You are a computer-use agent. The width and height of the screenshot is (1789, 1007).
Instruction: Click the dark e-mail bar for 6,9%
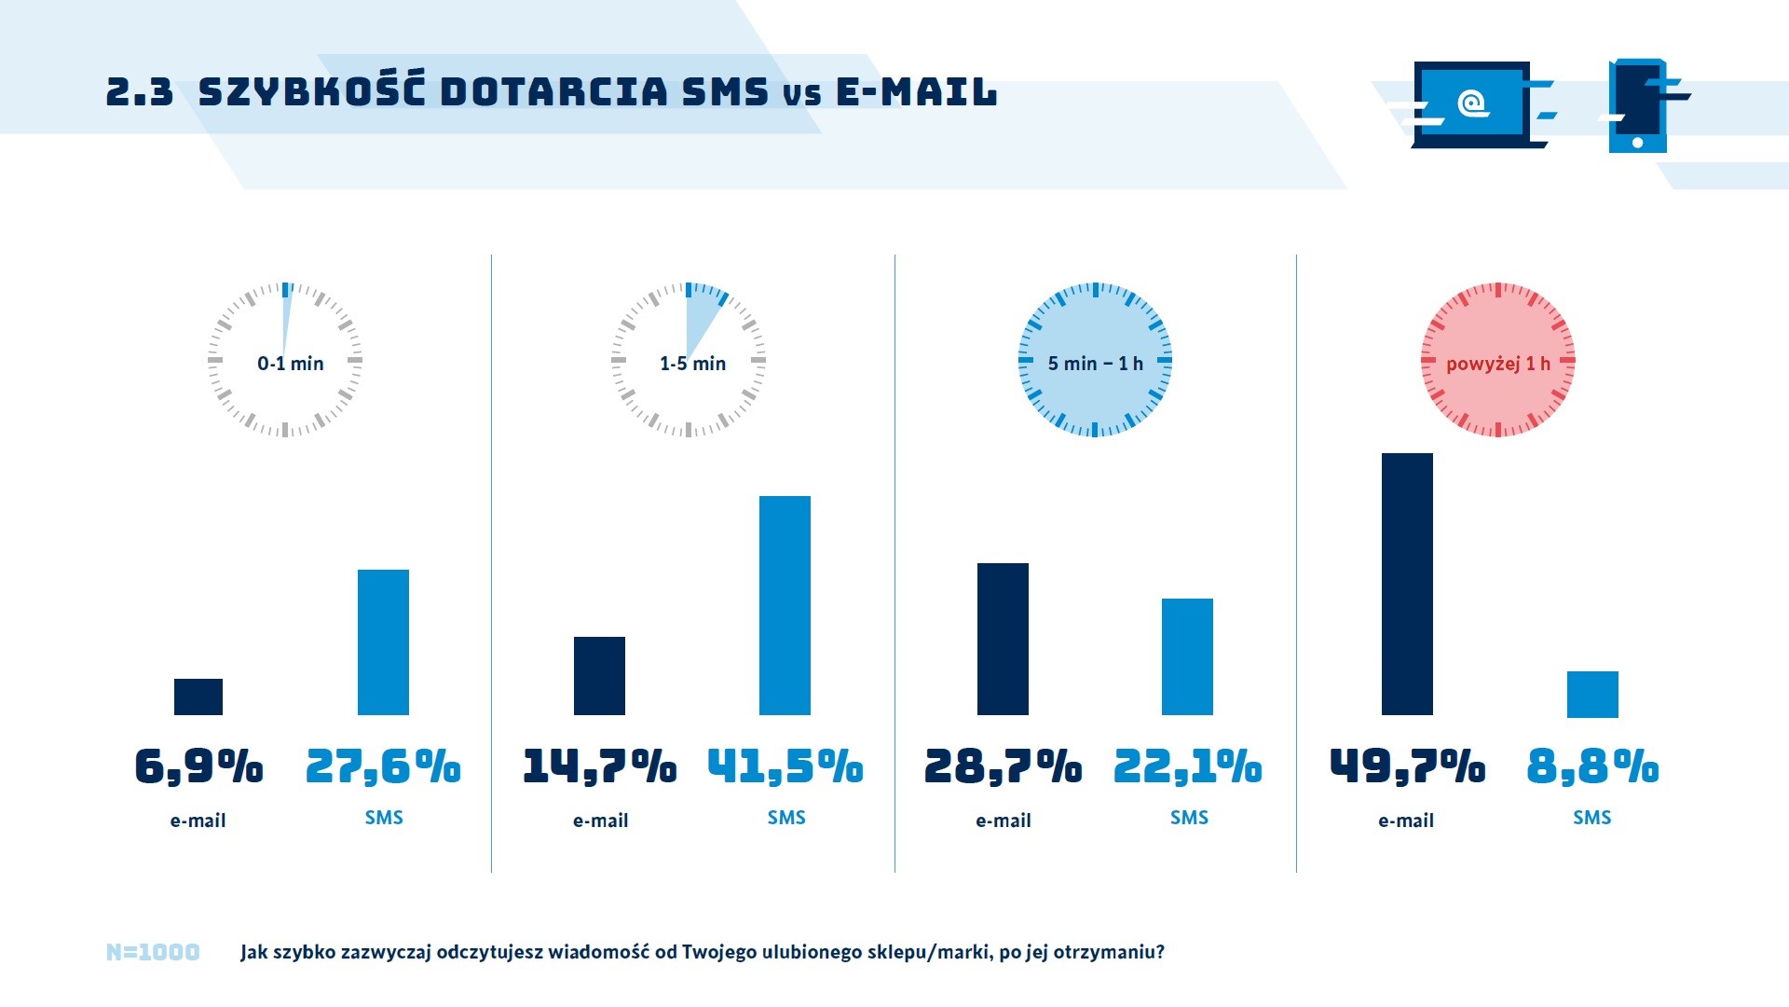198,697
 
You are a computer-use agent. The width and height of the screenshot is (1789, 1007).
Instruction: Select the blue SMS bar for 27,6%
383,642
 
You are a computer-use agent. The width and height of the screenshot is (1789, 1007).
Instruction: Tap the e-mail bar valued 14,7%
599,676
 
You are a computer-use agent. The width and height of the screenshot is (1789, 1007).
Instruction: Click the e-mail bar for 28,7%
1003,639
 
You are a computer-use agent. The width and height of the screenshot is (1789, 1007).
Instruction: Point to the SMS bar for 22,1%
1187,656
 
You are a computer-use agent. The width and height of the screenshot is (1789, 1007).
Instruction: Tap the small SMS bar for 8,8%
1592,694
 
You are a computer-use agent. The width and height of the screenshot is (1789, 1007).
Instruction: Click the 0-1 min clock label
290,364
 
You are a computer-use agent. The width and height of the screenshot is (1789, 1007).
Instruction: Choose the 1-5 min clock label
692,364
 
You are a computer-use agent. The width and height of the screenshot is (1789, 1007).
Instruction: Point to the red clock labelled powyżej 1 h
1497,361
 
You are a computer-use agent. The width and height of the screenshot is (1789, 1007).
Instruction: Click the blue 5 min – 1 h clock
1095,361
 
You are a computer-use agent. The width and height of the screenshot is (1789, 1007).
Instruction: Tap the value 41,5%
785,766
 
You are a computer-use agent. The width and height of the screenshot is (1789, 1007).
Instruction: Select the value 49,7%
1407,766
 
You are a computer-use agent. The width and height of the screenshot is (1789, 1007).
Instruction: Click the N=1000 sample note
153,952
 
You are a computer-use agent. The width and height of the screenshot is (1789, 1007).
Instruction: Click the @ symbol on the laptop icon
1472,103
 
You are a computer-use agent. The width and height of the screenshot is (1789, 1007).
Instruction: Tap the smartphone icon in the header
1637,106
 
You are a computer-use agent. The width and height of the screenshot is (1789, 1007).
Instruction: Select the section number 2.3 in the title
140,92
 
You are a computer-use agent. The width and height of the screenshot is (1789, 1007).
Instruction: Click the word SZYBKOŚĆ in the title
312,90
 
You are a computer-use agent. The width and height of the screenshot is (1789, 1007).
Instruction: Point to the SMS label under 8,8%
1591,818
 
